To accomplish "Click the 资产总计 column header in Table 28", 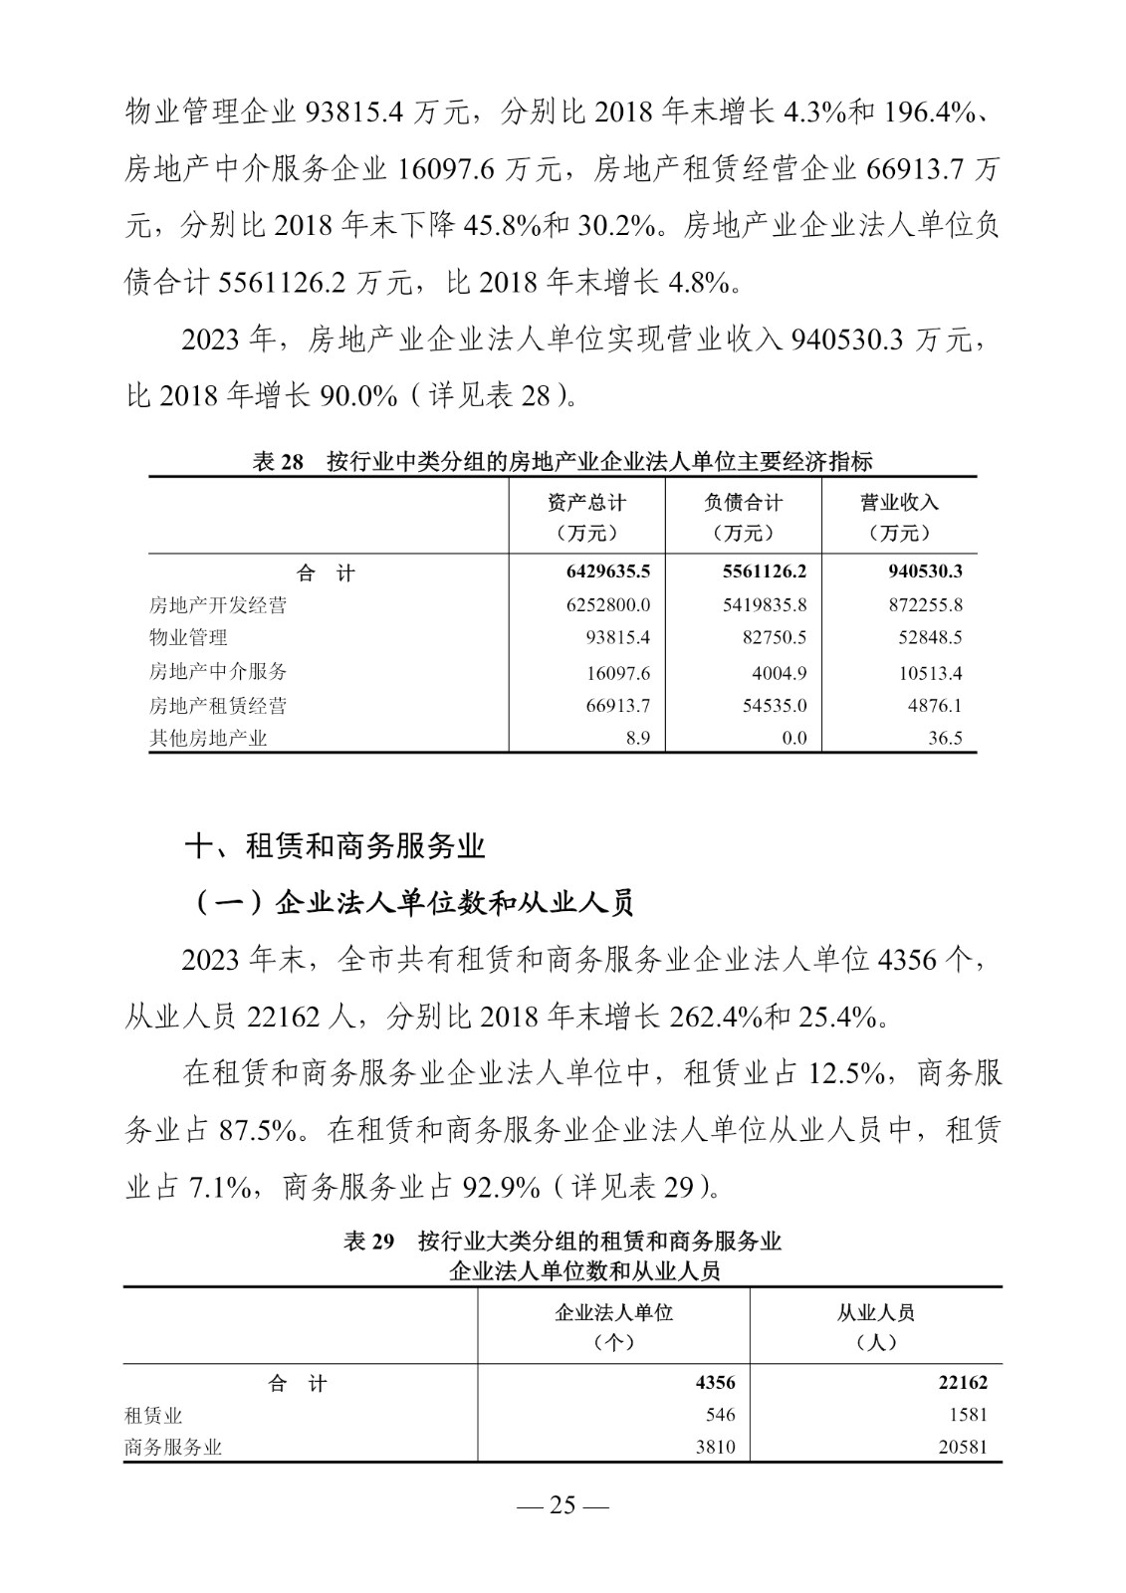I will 587,517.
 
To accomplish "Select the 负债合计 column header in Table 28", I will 743,517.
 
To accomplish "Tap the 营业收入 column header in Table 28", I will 899,517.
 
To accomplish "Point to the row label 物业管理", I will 188,638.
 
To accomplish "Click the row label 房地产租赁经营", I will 218,706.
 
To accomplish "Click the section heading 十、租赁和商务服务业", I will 336,847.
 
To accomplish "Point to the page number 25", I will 563,1505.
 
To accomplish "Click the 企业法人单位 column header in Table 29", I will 613,1325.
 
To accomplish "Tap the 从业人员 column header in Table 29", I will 876,1325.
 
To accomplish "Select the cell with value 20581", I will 962,1448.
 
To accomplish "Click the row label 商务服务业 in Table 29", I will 173,1448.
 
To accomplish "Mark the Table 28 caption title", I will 563,462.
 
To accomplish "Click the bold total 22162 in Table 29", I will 962,1383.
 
